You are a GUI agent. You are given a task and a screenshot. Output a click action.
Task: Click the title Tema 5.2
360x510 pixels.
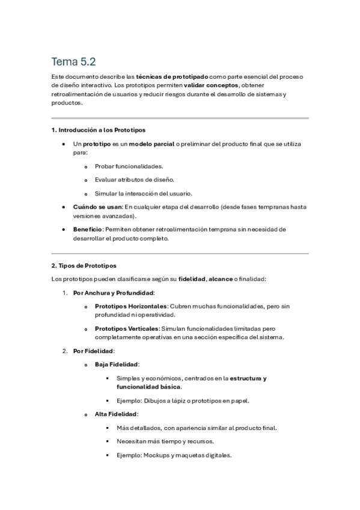(74, 61)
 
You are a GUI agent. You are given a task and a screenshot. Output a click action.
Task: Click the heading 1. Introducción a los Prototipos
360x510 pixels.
(98, 130)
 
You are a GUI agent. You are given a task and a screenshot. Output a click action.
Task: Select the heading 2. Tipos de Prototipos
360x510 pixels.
(84, 265)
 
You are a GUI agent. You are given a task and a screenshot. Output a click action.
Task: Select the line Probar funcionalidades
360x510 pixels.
(129, 166)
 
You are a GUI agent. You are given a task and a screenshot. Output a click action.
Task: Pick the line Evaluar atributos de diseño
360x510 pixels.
(135, 179)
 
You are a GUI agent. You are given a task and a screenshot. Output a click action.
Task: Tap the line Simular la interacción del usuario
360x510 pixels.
(143, 193)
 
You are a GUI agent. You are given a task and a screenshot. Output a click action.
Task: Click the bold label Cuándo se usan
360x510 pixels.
(97, 207)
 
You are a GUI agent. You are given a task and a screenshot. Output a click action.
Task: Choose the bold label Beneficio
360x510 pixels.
(88, 229)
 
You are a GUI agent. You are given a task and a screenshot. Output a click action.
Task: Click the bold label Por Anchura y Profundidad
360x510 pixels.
(113, 293)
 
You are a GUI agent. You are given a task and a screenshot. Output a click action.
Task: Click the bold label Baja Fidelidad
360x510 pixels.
(117, 364)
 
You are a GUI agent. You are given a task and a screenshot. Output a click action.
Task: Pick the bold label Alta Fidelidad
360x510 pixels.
(116, 414)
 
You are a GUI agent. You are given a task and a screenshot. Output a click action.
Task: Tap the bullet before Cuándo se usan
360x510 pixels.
(64, 207)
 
